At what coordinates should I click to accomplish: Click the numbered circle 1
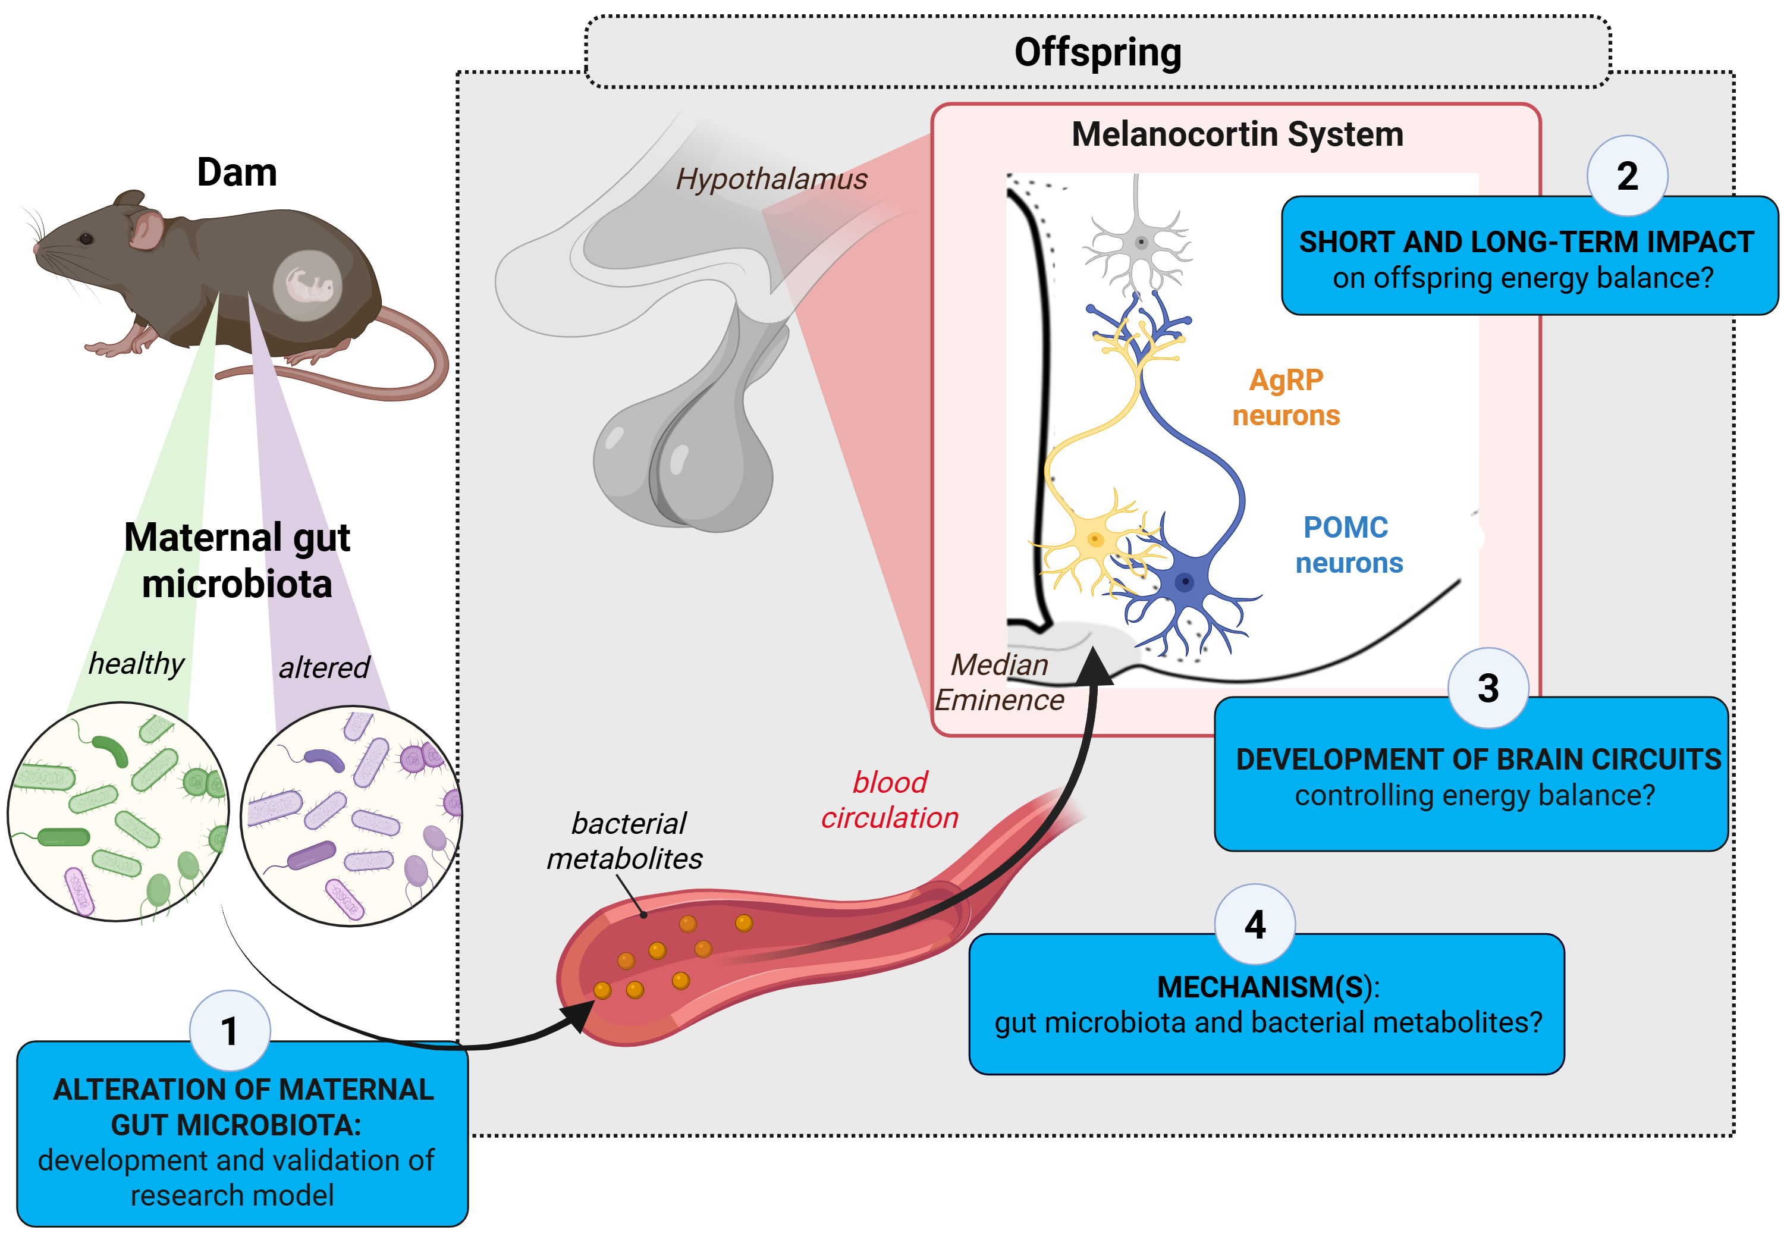(230, 1031)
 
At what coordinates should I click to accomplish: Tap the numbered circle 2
(1626, 175)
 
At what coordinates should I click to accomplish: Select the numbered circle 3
(1487, 688)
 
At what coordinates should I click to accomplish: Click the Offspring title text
(1097, 53)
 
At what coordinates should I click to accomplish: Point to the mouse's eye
(86, 238)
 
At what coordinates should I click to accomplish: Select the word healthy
(136, 663)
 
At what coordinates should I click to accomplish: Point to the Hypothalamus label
(771, 180)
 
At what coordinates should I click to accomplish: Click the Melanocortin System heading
(1237, 134)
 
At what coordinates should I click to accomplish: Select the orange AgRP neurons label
(1286, 398)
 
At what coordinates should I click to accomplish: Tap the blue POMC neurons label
(1348, 545)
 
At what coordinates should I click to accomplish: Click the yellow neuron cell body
(1095, 539)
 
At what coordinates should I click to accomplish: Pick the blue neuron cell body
(1184, 580)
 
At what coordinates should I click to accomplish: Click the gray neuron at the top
(1140, 243)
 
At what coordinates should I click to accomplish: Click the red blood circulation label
(890, 800)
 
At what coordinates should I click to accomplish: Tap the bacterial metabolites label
(626, 841)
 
